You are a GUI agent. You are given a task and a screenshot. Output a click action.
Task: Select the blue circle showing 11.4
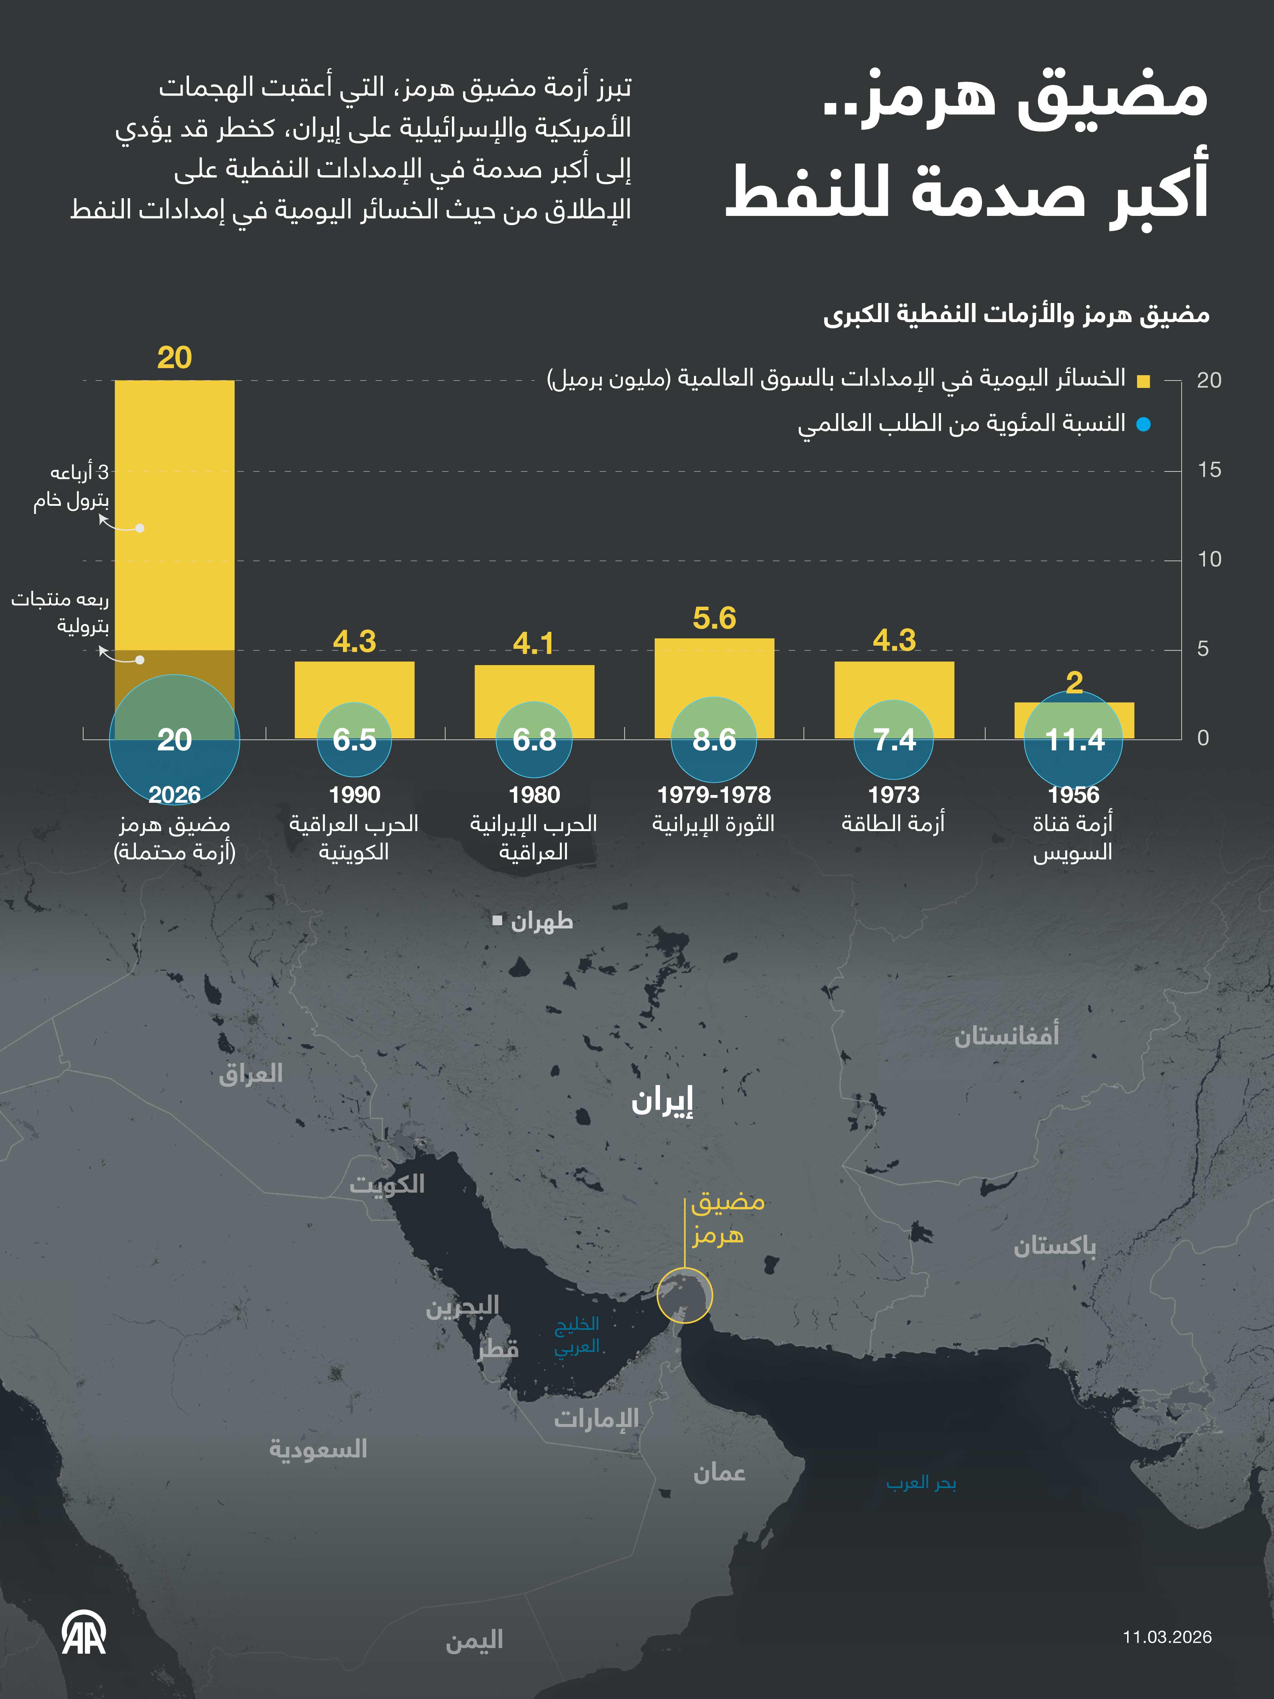(1074, 740)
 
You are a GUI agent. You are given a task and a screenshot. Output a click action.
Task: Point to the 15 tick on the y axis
(1209, 470)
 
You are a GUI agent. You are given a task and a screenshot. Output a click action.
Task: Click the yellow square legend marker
(1143, 381)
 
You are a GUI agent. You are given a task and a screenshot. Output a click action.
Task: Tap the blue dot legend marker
(1143, 424)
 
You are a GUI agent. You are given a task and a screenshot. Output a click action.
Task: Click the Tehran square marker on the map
(498, 920)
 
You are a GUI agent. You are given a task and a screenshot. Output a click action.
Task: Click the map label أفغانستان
(1006, 1036)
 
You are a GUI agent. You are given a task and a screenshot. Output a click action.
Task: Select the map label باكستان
(1054, 1246)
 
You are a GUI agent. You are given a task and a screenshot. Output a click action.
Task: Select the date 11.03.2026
(1166, 1637)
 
